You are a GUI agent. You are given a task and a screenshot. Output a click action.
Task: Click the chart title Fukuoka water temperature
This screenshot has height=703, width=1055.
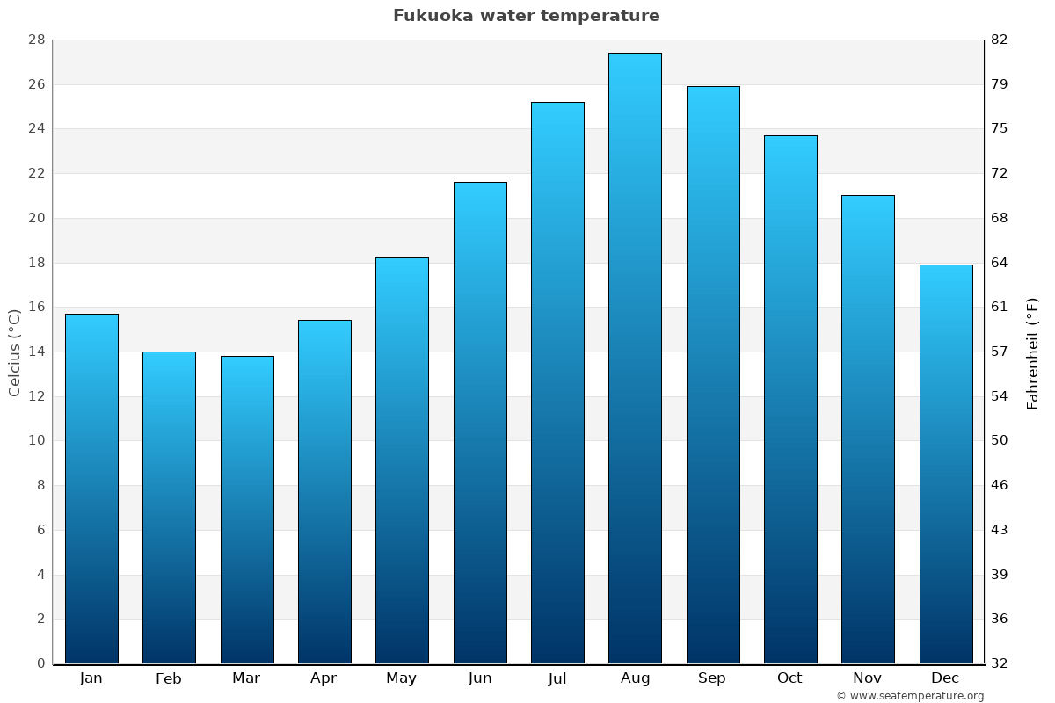[526, 16]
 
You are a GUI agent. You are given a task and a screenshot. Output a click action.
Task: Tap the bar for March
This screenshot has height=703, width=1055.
[247, 510]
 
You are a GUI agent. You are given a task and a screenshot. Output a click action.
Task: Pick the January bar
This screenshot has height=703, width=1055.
[91, 489]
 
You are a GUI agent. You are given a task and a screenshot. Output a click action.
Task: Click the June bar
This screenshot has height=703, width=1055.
[480, 423]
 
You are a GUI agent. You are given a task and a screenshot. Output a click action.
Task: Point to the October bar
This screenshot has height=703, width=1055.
[790, 400]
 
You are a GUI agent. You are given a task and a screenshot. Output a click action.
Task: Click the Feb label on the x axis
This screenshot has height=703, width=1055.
[169, 678]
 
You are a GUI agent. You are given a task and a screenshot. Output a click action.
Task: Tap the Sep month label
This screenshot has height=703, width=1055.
[712, 678]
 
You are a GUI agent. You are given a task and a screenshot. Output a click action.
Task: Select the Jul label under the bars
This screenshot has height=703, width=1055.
[557, 678]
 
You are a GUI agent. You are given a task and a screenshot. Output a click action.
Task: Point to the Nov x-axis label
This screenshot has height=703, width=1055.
[868, 678]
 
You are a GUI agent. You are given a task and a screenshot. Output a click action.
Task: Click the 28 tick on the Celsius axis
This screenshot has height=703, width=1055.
[36, 40]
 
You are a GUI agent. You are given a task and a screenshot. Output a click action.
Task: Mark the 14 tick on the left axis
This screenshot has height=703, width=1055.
[36, 351]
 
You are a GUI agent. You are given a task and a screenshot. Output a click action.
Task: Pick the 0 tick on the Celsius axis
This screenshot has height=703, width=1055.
[40, 663]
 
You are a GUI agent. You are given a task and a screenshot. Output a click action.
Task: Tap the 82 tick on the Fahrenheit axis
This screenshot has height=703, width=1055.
[1000, 40]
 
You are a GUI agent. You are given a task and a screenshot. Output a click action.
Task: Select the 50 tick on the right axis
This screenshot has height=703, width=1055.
[1000, 440]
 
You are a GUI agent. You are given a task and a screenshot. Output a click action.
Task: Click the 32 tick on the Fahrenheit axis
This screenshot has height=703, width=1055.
[1000, 663]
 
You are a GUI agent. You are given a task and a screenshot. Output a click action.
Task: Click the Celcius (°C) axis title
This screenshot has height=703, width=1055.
[15, 352]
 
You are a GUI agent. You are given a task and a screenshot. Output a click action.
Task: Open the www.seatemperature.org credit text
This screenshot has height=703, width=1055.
[910, 696]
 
